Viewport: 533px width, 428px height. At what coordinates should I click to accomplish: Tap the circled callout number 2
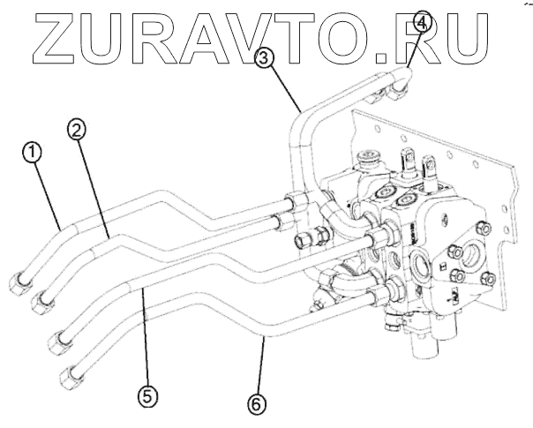[77, 130]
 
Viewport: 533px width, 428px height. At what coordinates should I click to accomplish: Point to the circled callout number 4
[422, 22]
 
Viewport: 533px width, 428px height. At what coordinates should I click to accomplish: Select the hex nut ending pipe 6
[71, 379]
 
